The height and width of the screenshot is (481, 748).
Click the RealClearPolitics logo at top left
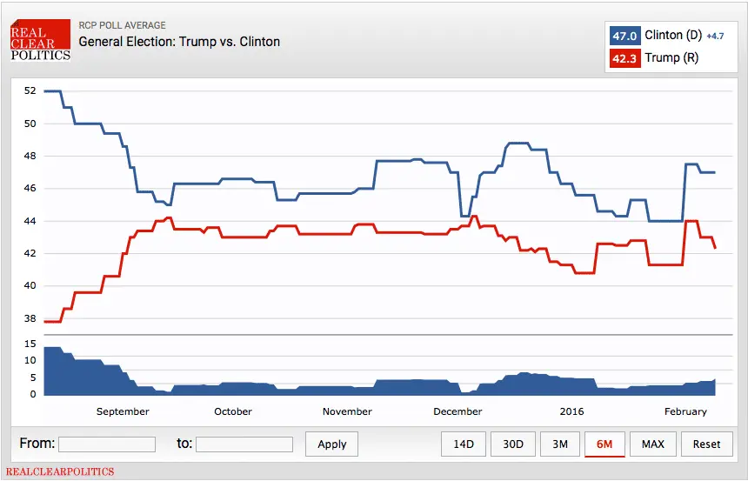[40, 40]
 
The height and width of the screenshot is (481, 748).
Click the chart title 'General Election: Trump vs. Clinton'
[179, 41]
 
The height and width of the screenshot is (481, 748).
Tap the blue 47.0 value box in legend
[624, 36]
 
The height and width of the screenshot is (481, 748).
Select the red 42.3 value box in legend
[624, 58]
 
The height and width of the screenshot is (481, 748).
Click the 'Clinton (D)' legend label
[673, 36]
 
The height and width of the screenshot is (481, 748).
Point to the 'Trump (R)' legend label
[671, 58]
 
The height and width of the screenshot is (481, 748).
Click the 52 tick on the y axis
[30, 90]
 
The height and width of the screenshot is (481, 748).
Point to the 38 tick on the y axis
[30, 318]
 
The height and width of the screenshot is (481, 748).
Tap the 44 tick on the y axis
[30, 221]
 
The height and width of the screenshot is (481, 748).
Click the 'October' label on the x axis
[233, 411]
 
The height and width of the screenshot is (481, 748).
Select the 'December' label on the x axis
[457, 411]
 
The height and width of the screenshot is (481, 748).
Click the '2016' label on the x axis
[572, 411]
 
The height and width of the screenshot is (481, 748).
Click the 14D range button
[464, 444]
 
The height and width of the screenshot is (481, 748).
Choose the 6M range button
[604, 444]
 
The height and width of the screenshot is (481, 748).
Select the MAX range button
[653, 444]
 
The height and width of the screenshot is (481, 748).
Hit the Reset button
[706, 444]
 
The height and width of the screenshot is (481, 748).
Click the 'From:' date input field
[107, 444]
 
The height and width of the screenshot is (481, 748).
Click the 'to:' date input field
[244, 444]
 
